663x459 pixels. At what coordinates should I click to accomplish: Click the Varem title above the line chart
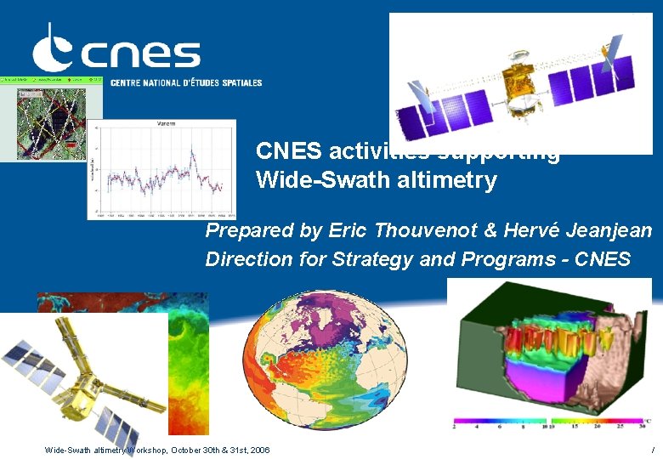click(167, 123)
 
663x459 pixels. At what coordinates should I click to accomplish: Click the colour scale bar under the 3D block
click(552, 421)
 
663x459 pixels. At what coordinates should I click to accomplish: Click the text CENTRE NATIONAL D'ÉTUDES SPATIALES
click(186, 83)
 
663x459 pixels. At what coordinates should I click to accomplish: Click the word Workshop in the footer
click(148, 450)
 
